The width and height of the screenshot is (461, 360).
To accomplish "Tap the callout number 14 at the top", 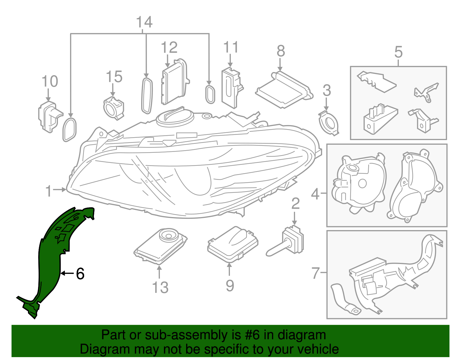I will (144, 22).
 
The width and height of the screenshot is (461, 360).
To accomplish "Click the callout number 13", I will (160, 287).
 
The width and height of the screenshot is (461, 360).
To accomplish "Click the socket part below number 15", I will (114, 108).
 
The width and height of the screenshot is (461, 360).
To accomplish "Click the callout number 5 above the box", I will (398, 52).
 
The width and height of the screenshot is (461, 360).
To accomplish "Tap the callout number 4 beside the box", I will (315, 194).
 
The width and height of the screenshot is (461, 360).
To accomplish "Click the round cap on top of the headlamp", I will (174, 116).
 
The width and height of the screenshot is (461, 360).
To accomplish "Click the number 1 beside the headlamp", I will (49, 191).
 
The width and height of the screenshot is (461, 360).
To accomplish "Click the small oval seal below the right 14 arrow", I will (210, 94).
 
